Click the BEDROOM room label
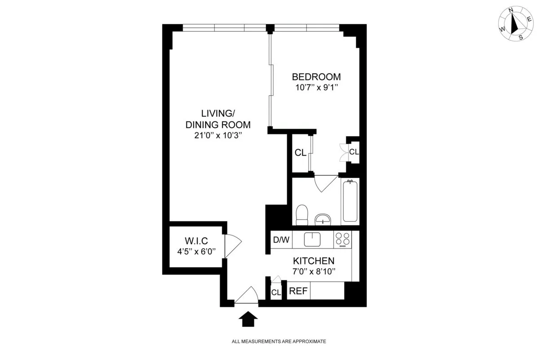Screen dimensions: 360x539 [316, 76]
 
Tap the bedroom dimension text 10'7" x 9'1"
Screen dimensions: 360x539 [316, 88]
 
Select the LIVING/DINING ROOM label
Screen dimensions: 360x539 [218, 119]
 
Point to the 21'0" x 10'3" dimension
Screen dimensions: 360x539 [218, 135]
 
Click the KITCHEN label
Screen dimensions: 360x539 [314, 261]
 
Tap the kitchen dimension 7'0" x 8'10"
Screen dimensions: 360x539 [314, 271]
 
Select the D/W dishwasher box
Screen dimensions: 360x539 [281, 240]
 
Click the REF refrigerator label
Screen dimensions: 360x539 [298, 291]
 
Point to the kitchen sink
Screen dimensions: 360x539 [313, 239]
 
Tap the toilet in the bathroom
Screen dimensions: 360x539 [302, 214]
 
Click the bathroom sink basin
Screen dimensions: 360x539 [323, 219]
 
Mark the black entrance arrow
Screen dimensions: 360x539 [247, 320]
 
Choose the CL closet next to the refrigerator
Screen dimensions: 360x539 [276, 292]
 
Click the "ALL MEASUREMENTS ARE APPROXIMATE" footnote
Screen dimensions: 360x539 [278, 342]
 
